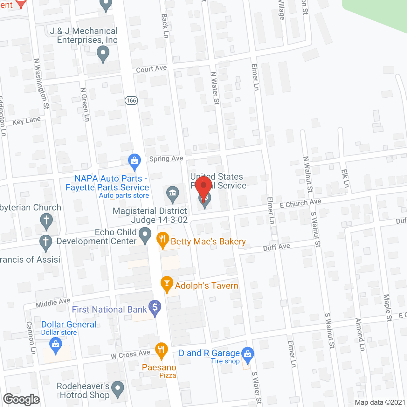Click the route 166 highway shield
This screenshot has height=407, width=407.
tap(131, 100)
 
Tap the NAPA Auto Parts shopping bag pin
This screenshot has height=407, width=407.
tap(135, 161)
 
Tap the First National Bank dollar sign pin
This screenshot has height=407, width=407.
tap(155, 307)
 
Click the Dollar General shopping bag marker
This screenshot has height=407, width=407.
tap(56, 345)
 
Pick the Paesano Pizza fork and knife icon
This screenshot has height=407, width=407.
tap(162, 350)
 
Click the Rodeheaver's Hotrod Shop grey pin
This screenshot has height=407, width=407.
tap(118, 389)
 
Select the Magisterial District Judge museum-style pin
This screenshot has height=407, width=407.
tap(173, 193)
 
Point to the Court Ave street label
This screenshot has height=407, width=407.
tap(151, 69)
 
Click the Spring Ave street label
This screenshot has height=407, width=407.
tap(166, 158)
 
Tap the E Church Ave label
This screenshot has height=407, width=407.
tap(300, 203)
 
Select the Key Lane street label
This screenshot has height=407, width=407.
tap(27, 121)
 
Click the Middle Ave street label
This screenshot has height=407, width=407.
tap(53, 303)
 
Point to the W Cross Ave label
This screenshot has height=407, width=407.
tap(130, 354)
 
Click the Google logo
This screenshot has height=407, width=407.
tap(22, 399)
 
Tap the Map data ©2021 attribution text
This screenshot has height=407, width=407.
tap(380, 403)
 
